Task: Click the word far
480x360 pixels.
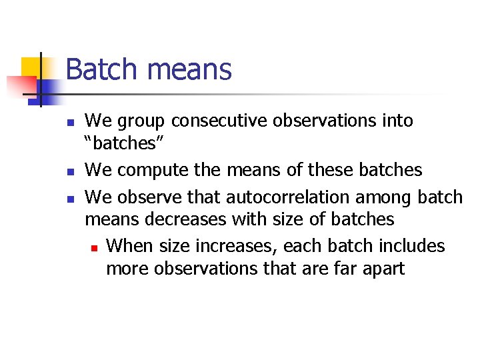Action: coord(339,268)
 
